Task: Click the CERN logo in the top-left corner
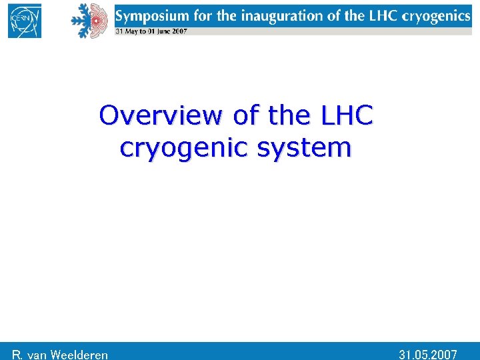25,20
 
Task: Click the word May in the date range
129,31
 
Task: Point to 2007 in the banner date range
180,31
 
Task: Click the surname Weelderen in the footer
78,355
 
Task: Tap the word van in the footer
37,355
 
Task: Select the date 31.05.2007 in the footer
428,354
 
